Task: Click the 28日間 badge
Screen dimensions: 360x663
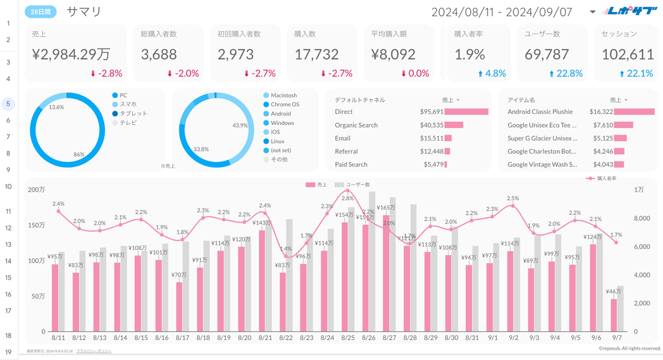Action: tap(41, 12)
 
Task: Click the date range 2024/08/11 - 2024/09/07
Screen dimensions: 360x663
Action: tap(502, 12)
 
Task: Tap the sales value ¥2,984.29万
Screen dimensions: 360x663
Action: tap(71, 55)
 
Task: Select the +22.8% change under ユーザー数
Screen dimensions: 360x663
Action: tap(565, 73)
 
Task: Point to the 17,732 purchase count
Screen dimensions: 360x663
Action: tap(317, 55)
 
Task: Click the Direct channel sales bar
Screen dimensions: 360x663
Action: tap(466, 111)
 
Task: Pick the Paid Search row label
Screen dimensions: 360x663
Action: tap(351, 164)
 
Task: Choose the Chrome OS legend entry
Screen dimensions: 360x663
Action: tap(285, 104)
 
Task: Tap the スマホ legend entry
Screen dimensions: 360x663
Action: tap(128, 104)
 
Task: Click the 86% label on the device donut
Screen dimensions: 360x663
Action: tap(79, 155)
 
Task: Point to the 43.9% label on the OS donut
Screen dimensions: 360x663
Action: tap(240, 125)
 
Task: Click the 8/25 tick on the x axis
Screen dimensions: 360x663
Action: tap(348, 338)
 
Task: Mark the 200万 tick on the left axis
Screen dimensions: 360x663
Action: tap(36, 190)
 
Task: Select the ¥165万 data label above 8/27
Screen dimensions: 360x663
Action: tap(386, 208)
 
